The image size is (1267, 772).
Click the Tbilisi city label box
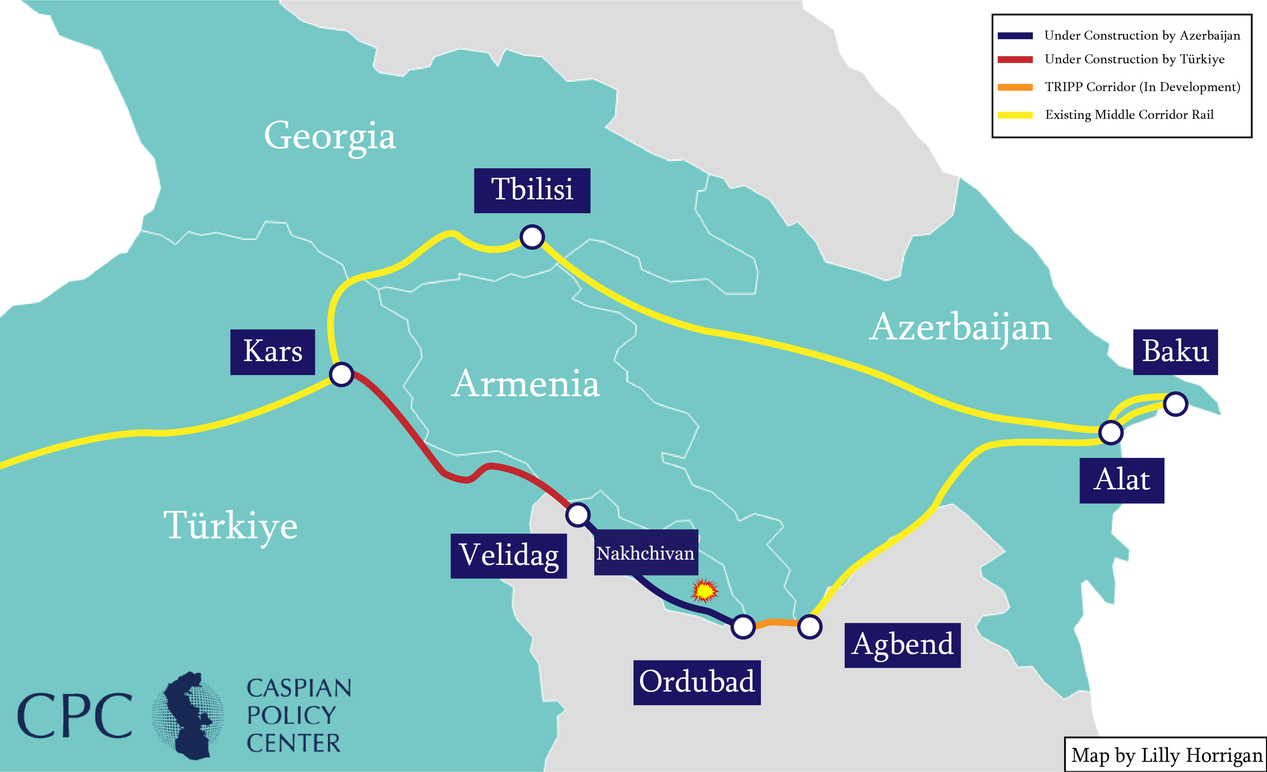click(x=532, y=190)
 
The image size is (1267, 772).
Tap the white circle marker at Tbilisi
click(x=532, y=237)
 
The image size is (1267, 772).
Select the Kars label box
click(x=272, y=352)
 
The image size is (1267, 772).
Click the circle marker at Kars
click(x=341, y=374)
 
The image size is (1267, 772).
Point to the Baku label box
click(x=1175, y=352)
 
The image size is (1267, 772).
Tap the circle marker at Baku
click(x=1176, y=404)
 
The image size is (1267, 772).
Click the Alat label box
click(x=1122, y=480)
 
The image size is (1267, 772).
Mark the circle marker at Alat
click(x=1111, y=432)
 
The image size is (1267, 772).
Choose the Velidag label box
click(x=509, y=556)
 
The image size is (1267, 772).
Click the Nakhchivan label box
click(x=646, y=553)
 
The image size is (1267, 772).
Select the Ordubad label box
click(x=697, y=683)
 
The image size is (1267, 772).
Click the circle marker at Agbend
click(x=810, y=627)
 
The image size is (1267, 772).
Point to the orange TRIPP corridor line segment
click(x=776, y=623)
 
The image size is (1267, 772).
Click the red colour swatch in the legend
click(x=1015, y=60)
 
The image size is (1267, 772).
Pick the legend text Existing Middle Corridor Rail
click(x=1129, y=115)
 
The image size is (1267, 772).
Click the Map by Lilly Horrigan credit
click(x=1166, y=755)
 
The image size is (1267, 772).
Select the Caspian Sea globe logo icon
click(x=188, y=715)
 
